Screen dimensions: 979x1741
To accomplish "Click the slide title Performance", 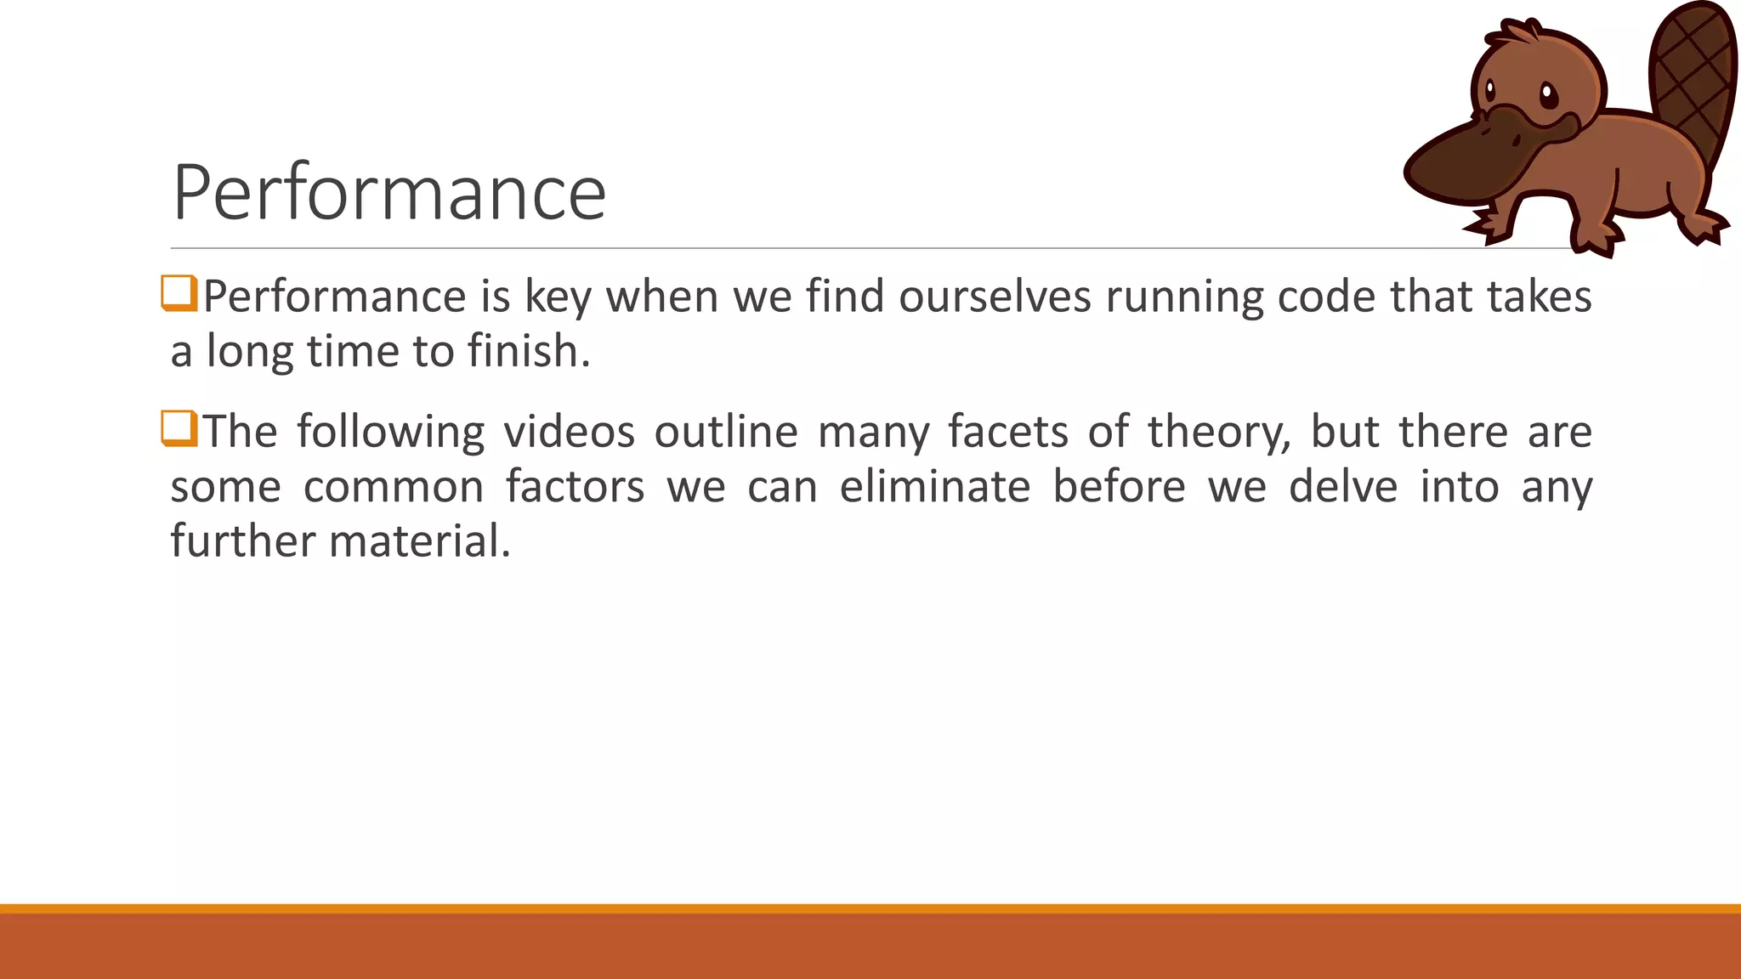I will (388, 193).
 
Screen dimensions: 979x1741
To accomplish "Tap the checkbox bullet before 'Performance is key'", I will (179, 293).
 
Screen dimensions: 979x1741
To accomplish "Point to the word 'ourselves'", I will (995, 297).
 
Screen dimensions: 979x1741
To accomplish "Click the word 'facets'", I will (1007, 432).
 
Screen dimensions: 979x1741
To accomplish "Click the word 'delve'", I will (1343, 487).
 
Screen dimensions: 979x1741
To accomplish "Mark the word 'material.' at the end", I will (420, 541).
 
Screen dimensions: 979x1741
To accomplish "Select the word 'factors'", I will (575, 487).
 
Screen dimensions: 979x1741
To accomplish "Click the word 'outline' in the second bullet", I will (726, 432).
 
